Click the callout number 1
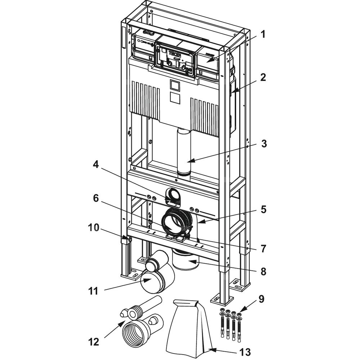tap(263, 35)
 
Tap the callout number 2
tap(263, 78)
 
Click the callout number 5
tap(264, 210)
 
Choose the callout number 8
tap(264, 271)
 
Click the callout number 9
tap(262, 298)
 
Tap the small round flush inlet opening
tap(174, 196)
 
